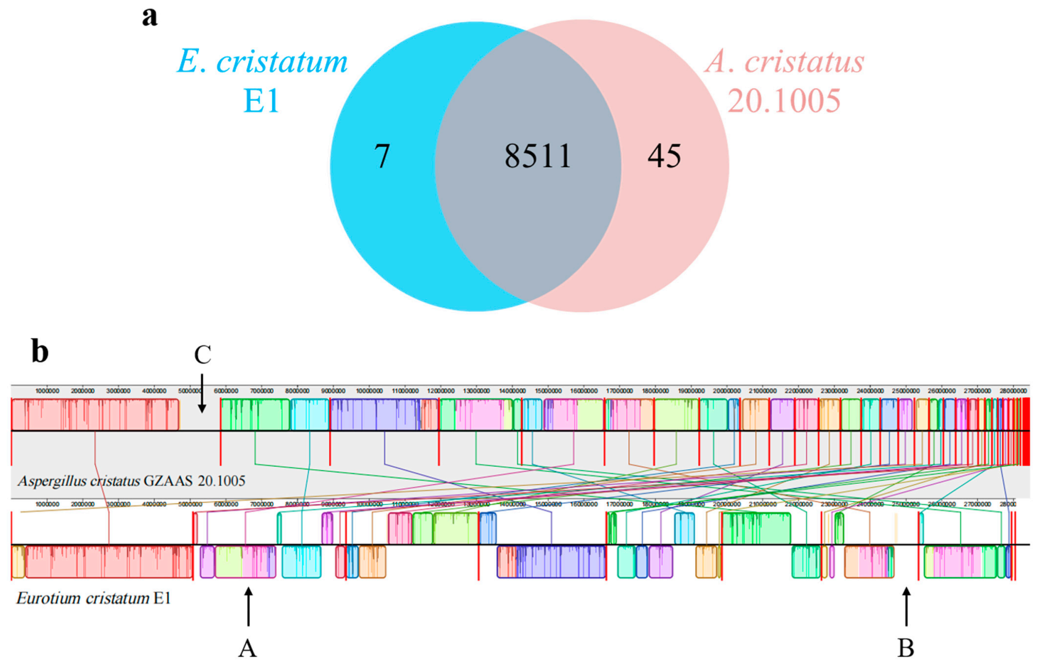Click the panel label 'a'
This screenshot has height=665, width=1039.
[x=149, y=17]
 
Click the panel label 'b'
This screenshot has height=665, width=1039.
[x=40, y=352]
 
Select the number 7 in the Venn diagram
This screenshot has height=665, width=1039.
[x=382, y=156]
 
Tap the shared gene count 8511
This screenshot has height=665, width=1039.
[x=538, y=156]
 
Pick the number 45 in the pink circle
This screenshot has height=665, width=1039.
[x=664, y=156]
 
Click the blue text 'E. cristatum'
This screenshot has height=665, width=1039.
[x=262, y=61]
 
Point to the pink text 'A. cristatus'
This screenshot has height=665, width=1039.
[x=784, y=61]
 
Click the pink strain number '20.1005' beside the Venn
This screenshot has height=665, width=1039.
[x=784, y=100]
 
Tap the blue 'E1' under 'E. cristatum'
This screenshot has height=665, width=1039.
[x=262, y=100]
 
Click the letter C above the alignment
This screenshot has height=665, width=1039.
[x=203, y=355]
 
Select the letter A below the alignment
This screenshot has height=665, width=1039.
[x=247, y=648]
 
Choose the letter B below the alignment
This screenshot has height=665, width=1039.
[x=906, y=648]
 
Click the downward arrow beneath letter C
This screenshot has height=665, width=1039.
[x=202, y=393]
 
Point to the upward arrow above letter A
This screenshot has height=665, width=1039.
[x=248, y=607]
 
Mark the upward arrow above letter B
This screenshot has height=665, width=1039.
[x=906, y=607]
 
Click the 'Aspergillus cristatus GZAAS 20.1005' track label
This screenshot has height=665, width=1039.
[x=131, y=481]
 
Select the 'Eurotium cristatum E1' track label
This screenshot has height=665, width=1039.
[x=93, y=598]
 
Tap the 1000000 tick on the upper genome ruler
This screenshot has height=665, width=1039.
[x=47, y=391]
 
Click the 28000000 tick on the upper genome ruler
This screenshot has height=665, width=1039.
[x=1013, y=391]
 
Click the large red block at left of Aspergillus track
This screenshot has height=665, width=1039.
[x=95, y=414]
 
